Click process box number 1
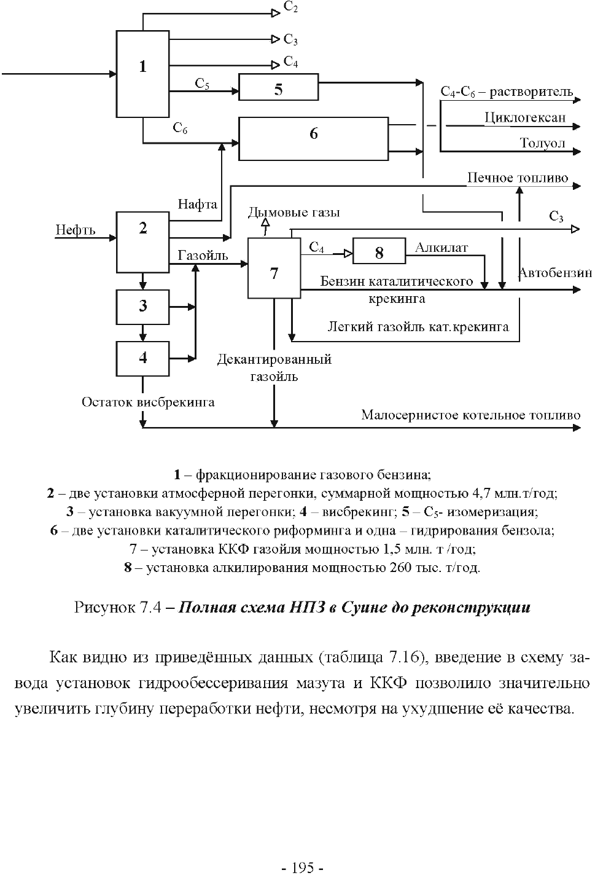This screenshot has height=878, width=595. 142,74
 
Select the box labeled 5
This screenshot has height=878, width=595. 279,87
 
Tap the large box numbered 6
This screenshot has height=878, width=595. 313,139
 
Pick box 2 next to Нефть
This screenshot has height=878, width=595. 142,242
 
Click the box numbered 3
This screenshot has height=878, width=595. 142,307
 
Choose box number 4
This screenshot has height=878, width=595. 142,359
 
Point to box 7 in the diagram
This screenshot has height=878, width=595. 274,268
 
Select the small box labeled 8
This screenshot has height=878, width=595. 379,251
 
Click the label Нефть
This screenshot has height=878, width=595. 75,230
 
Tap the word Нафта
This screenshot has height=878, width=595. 198,204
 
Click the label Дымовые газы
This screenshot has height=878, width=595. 294,213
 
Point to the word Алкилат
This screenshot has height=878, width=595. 441,248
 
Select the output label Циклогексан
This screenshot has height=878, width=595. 525,117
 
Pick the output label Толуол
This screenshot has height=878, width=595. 543,143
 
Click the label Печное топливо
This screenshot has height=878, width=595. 518,178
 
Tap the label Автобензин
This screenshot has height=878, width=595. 555,272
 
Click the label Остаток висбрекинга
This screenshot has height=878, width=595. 148,402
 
